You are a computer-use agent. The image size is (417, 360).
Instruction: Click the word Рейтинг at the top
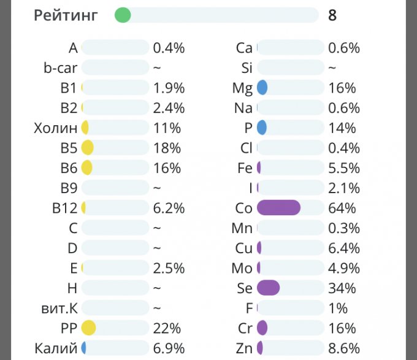66,15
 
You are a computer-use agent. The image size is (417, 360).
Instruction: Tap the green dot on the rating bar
123,15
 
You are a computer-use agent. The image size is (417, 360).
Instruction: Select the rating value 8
332,15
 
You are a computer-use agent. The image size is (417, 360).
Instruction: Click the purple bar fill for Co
278,208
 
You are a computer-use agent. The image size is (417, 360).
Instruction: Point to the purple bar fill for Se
269,288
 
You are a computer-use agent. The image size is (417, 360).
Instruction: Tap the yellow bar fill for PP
88,327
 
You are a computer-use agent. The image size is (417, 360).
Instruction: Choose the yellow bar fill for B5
87,148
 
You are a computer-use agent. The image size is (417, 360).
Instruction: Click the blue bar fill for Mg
262,88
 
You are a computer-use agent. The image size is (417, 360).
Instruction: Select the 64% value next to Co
342,208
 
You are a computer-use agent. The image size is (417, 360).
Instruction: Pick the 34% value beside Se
342,288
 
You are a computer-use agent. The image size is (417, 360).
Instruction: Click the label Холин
56,128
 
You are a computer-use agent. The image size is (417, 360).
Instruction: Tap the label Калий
55,348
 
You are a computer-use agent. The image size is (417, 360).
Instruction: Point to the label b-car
60,68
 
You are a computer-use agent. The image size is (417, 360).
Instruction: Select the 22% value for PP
167,328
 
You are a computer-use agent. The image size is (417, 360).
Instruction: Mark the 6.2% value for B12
169,208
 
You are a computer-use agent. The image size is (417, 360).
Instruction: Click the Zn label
244,348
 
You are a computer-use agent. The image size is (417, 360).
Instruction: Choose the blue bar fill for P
261,128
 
